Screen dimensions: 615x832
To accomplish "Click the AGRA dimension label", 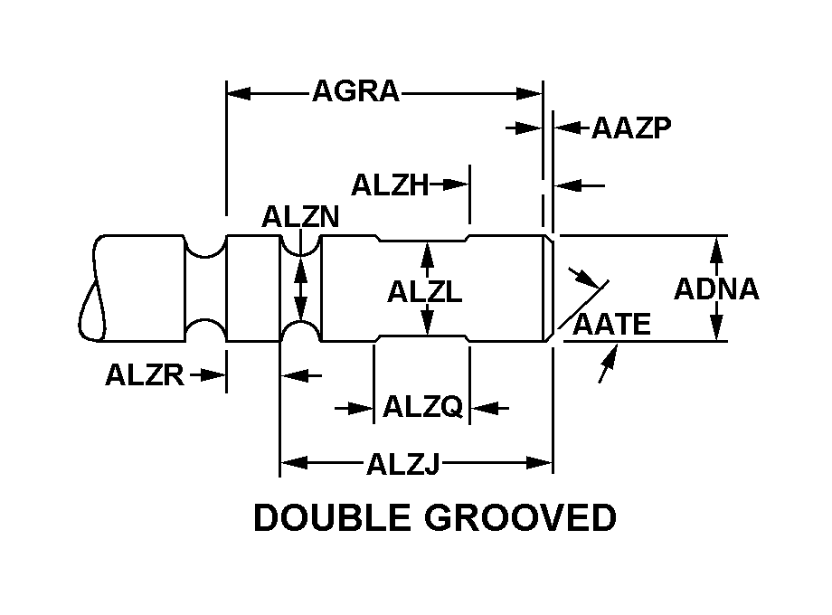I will coord(355,92).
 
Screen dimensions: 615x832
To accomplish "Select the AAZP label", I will coord(631,128).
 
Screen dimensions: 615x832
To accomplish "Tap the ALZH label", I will coord(389,184).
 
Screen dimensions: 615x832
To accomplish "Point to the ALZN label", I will coord(300,217).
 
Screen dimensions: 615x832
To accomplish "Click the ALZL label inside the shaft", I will coord(425,291).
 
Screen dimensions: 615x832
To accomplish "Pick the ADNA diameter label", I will coord(716,289).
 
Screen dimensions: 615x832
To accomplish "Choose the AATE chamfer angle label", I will coord(612,324).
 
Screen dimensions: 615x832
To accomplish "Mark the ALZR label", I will coord(145,374).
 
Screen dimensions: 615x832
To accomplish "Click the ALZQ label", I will coord(422,408).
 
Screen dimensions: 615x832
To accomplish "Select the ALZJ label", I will coord(402,465).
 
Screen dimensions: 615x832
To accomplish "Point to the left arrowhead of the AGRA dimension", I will coord(233,92).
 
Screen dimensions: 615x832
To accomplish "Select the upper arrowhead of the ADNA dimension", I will coord(716,243).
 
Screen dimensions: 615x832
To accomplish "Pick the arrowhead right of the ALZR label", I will coord(217,374).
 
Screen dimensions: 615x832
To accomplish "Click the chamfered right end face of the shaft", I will coord(548,289).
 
